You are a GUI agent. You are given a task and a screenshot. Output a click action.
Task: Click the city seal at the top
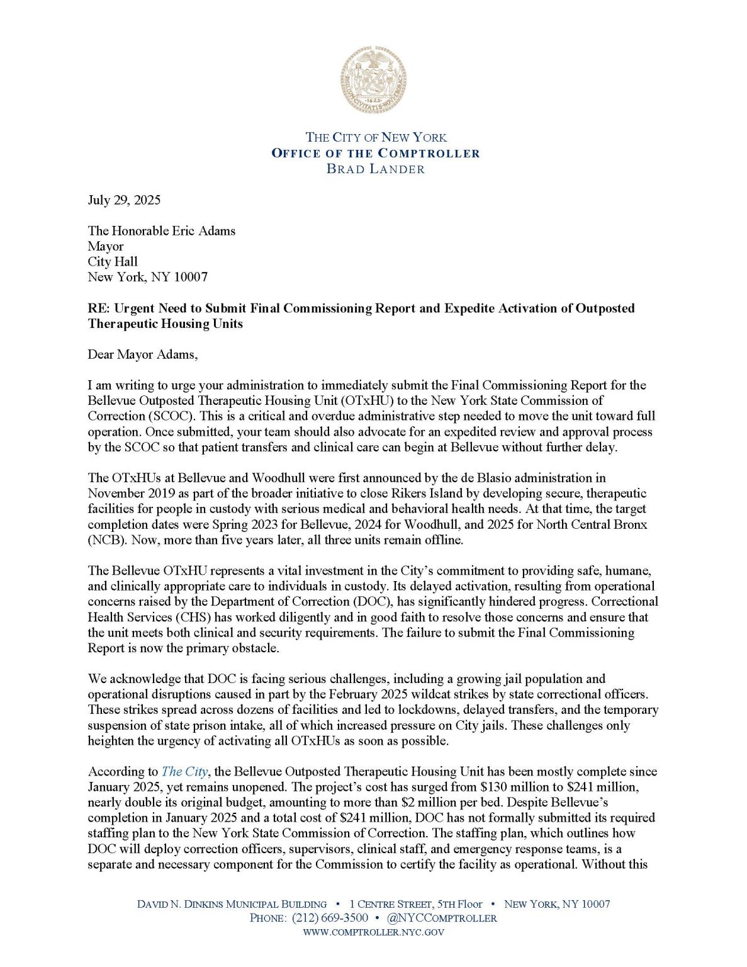pyautogui.click(x=373, y=79)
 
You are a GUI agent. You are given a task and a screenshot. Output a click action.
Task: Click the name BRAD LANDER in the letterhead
pyautogui.click(x=376, y=169)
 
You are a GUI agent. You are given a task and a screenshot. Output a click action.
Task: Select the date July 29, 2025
pyautogui.click(x=124, y=200)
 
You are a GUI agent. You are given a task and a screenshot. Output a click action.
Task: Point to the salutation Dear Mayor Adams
pyautogui.click(x=142, y=354)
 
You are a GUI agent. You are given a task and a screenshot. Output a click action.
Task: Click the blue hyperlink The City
pyautogui.click(x=184, y=772)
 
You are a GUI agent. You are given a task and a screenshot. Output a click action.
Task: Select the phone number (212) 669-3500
pyautogui.click(x=330, y=918)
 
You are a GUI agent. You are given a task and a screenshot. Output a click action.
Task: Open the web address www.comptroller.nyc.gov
pyautogui.click(x=373, y=932)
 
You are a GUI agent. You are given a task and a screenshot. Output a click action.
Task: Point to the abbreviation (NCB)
pyautogui.click(x=107, y=540)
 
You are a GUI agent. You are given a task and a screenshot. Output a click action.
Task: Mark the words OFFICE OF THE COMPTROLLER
pyautogui.click(x=376, y=153)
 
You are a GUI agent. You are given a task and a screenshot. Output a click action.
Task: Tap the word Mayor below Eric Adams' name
pyautogui.click(x=106, y=246)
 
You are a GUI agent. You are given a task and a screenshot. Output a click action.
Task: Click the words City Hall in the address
pyautogui.click(x=113, y=262)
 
